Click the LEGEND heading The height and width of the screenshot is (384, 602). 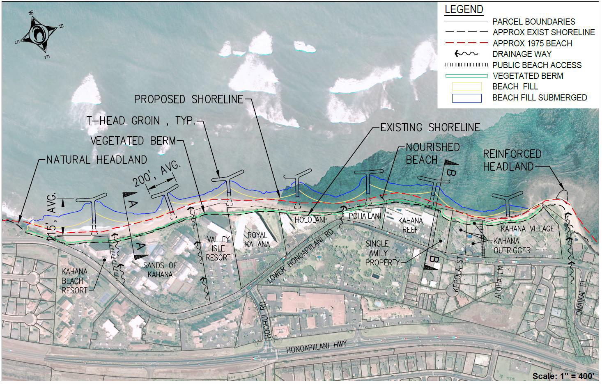(x=464, y=9)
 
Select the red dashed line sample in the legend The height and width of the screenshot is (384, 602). (x=466, y=43)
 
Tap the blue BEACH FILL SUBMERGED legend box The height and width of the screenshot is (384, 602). (x=466, y=98)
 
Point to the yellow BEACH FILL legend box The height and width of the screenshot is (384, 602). (x=466, y=87)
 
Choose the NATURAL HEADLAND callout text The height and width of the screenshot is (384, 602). (x=97, y=160)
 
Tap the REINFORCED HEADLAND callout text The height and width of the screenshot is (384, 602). (x=512, y=160)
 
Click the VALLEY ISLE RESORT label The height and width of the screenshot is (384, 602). (x=218, y=248)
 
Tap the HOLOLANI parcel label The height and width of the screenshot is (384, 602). (x=310, y=220)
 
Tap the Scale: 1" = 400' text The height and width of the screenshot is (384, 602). (x=563, y=376)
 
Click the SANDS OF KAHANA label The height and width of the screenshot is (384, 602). (x=160, y=270)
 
